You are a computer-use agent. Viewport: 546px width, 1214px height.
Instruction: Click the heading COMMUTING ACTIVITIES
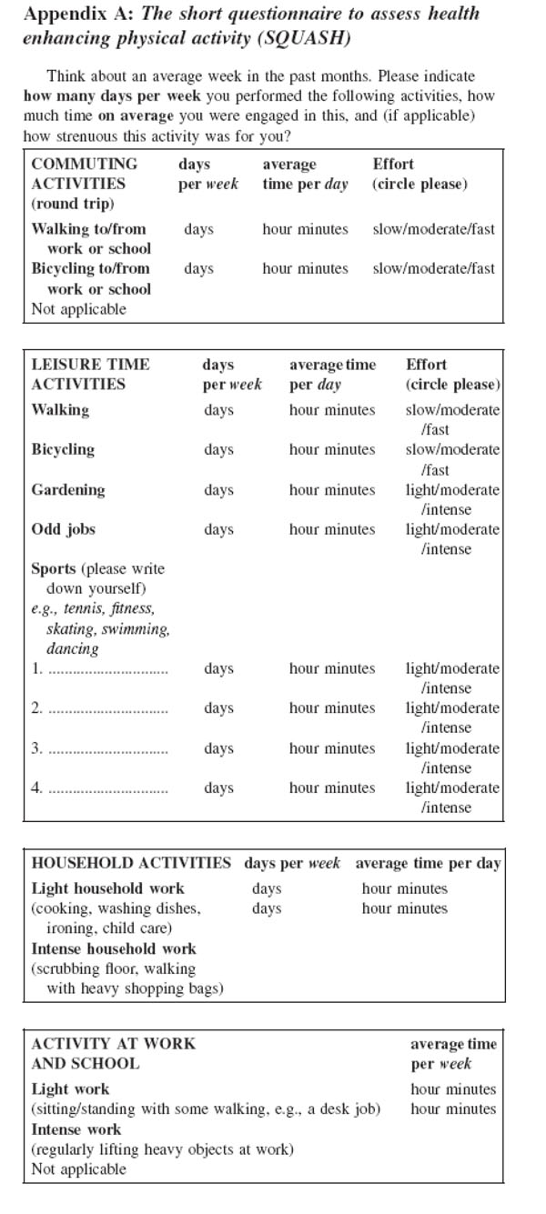pyautogui.click(x=85, y=174)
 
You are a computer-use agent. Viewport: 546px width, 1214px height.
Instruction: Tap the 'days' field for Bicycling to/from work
pyautogui.click(x=198, y=268)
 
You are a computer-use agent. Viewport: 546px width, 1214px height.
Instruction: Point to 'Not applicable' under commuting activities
pyautogui.click(x=79, y=308)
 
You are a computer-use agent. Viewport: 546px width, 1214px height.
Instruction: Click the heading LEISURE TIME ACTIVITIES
pyautogui.click(x=91, y=374)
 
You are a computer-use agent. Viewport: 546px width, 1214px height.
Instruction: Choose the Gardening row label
pyautogui.click(x=68, y=489)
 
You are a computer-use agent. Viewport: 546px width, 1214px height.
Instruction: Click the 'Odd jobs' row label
pyautogui.click(x=64, y=529)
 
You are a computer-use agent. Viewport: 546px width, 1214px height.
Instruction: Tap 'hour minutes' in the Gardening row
pyautogui.click(x=332, y=489)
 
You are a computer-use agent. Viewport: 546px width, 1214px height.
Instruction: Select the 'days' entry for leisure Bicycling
pyautogui.click(x=218, y=449)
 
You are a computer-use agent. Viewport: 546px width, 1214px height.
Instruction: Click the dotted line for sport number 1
pyautogui.click(x=107, y=670)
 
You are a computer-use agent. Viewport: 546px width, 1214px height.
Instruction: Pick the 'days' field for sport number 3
pyautogui.click(x=218, y=748)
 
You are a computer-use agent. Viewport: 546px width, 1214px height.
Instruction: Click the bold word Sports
pyautogui.click(x=54, y=568)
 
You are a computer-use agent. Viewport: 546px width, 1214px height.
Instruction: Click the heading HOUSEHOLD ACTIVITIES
pyautogui.click(x=131, y=863)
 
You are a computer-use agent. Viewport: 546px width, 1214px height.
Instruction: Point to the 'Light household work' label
pyautogui.click(x=108, y=888)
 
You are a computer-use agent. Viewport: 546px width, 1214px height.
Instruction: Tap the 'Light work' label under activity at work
pyautogui.click(x=70, y=1089)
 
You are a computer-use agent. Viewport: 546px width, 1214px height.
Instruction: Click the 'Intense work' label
pyautogui.click(x=76, y=1129)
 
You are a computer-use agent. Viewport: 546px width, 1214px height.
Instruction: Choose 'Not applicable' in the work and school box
pyautogui.click(x=79, y=1169)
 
